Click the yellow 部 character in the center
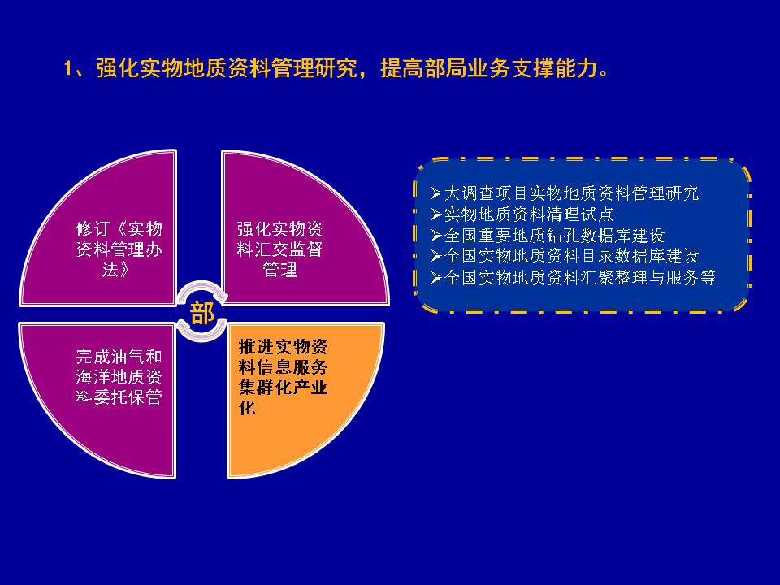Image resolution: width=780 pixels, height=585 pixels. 202,313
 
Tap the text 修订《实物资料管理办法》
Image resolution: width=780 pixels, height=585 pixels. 119,249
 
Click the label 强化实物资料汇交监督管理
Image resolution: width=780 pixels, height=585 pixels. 279,249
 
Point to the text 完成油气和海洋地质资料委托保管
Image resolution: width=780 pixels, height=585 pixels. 119,376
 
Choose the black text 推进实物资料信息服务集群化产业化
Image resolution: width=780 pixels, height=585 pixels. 283,376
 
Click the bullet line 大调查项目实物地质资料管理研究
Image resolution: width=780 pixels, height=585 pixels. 571,193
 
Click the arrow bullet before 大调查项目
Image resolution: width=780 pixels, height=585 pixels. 436,193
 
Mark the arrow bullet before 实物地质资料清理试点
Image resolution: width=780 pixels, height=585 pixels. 436,214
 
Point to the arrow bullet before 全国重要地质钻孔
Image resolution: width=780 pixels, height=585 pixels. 436,235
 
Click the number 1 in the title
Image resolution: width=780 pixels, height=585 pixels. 68,68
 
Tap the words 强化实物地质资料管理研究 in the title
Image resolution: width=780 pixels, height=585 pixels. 227,67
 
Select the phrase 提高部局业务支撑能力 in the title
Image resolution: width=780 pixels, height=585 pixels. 489,67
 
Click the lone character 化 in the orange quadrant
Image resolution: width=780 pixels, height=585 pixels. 247,407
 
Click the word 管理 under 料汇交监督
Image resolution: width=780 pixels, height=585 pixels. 279,269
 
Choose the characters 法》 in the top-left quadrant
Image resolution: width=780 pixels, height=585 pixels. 115,269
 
